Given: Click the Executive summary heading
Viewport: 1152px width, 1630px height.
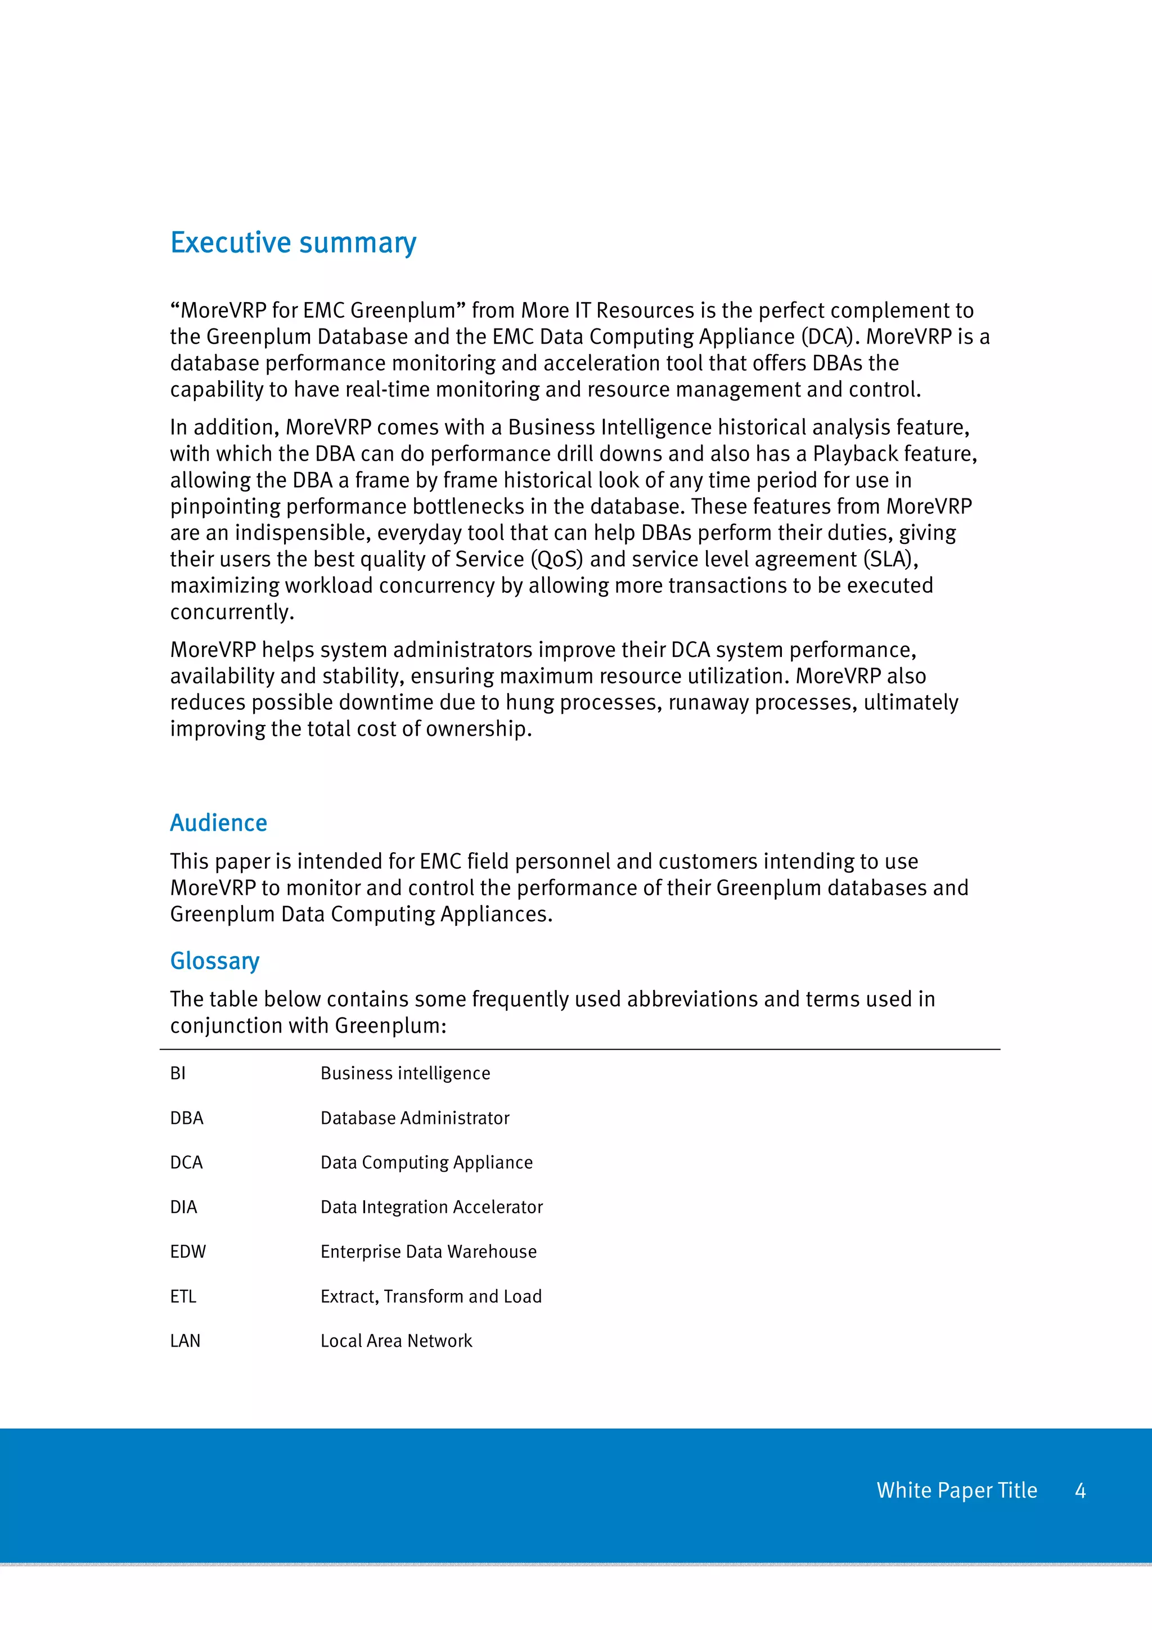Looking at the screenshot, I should (x=293, y=243).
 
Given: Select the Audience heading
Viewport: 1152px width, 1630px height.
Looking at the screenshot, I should (x=219, y=823).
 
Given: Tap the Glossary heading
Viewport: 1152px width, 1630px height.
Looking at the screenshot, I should (x=214, y=961).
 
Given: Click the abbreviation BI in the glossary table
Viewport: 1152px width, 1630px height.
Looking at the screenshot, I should (x=177, y=1073).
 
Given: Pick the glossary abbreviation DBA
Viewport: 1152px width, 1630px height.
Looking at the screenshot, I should (x=187, y=1118).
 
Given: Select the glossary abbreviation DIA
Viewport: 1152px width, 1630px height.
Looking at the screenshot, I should (x=183, y=1207).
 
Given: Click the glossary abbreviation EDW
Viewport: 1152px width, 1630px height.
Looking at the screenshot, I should (x=187, y=1251).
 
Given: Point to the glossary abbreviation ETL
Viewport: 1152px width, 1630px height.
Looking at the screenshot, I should (x=183, y=1296).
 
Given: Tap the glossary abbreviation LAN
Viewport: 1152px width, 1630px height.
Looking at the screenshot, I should (x=185, y=1341).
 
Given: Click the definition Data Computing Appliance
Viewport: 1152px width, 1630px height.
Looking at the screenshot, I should (x=426, y=1162).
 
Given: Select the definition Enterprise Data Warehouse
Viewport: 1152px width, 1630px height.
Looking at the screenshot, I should (x=428, y=1251).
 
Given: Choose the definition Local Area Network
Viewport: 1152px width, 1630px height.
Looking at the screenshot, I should (x=396, y=1341).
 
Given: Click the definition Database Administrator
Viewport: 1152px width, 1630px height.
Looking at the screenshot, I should (x=415, y=1118).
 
